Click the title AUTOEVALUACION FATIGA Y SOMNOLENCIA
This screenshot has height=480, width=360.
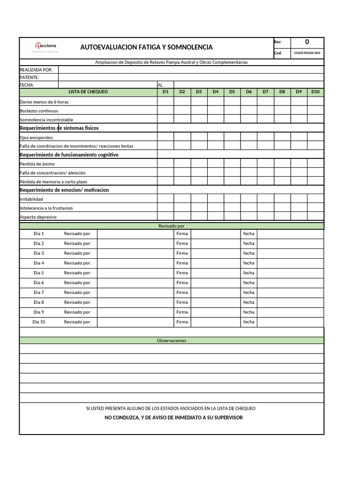[x=146, y=47]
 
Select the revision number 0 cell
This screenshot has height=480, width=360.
[x=307, y=42]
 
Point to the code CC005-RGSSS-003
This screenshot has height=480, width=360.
[x=307, y=53]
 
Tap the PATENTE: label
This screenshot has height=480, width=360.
[x=29, y=77]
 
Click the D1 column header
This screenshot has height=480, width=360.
[x=165, y=92]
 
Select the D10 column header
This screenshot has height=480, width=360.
[x=315, y=92]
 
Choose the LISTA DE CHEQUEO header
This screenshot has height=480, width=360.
[x=88, y=92]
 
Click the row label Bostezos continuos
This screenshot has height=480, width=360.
[x=39, y=111]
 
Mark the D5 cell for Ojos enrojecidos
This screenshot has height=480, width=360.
[x=232, y=137]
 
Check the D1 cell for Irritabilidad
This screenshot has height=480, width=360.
[x=165, y=199]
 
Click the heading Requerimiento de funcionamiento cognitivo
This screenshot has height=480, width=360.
[x=69, y=155]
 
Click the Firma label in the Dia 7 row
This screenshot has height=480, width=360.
[x=182, y=292]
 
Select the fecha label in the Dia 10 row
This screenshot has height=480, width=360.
[x=248, y=322]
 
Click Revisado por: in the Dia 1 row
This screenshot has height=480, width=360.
[x=77, y=233]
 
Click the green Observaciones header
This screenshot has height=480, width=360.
[x=171, y=340]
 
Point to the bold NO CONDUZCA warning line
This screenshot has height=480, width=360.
[x=173, y=418]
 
